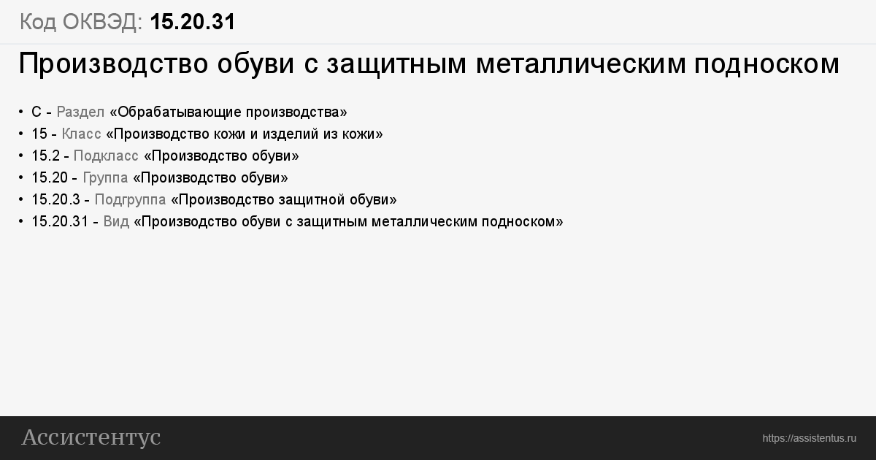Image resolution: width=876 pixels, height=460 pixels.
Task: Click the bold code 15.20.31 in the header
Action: click(193, 21)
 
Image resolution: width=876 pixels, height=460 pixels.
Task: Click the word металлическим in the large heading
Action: click(581, 64)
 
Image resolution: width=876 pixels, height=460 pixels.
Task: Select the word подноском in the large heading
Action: click(767, 64)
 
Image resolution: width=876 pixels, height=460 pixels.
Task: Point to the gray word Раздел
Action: click(80, 112)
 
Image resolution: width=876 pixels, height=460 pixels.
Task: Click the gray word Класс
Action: click(81, 134)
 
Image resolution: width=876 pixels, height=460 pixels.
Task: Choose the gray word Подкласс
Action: click(106, 156)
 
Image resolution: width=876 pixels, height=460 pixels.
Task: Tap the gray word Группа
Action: click(105, 178)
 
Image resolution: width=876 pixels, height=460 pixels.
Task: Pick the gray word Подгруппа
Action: click(130, 200)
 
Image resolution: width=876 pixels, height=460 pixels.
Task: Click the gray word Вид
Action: click(116, 222)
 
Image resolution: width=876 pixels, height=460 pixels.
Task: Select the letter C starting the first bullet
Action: click(36, 112)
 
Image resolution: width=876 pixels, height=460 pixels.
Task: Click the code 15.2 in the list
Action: click(46, 156)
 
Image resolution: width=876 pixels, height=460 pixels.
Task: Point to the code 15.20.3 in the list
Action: click(55, 200)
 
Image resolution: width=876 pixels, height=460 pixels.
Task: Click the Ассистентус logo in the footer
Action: click(91, 437)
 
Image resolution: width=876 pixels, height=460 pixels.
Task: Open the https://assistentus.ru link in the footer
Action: click(809, 439)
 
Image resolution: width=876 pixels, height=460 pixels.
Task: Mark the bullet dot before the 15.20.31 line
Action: click(20, 222)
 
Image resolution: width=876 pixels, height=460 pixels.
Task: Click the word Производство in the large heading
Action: click(113, 64)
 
